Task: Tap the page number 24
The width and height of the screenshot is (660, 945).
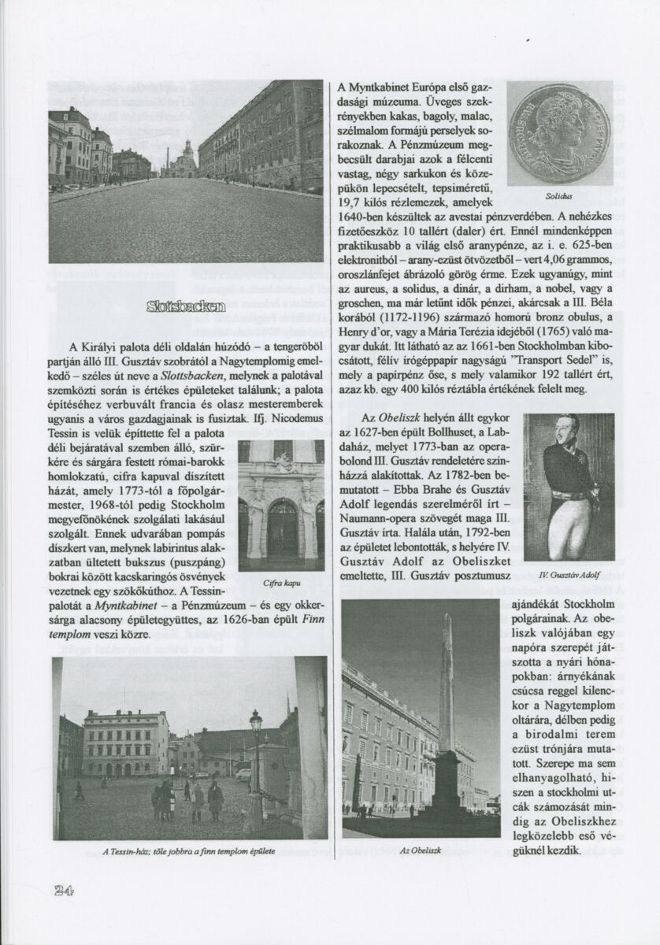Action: (63, 891)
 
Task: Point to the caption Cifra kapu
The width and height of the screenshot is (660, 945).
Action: (280, 583)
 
